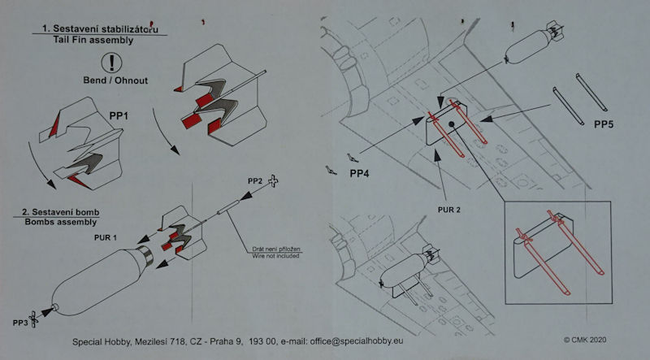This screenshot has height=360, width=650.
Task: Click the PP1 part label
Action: pos(119,116)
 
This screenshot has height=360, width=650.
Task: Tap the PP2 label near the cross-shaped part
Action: pos(255,181)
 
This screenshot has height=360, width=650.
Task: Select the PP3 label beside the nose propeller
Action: pos(19,323)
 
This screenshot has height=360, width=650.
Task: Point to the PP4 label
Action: pos(359,173)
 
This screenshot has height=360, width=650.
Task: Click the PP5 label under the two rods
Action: pos(603,124)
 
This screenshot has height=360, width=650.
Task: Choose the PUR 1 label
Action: pos(106,238)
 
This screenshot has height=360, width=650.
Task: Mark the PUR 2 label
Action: pos(449,210)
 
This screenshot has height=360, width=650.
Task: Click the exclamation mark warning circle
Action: pos(111,63)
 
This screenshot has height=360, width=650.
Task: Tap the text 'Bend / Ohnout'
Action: pos(115,80)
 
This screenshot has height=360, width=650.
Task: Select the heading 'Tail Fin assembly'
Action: pos(93,41)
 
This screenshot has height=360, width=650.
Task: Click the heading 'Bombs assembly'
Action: pos(60,222)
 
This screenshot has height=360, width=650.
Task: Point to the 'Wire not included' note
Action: pos(275,256)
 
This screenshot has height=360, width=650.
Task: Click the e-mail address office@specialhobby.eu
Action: pos(356,341)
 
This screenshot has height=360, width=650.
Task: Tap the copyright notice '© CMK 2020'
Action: pos(584,340)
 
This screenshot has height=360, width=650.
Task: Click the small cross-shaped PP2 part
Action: pos(273,181)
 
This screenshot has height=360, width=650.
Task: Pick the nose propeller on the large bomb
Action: pos(33,319)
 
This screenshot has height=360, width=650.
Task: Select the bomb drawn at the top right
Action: pos(533,43)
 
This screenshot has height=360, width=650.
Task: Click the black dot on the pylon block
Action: pos(452,124)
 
